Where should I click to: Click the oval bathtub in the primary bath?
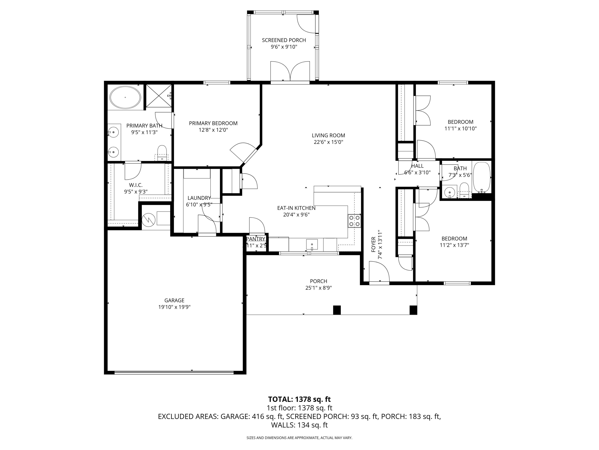(125, 97)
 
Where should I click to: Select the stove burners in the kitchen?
(354, 221)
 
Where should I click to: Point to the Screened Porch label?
(284, 40)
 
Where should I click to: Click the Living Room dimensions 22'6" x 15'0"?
(328, 142)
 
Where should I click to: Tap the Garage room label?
(174, 300)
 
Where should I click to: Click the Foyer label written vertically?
(373, 244)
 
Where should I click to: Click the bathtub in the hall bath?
(481, 177)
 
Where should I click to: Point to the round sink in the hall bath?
(449, 192)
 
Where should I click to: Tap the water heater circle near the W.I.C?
(148, 219)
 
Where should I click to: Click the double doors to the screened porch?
(290, 71)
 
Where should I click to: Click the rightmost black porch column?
(413, 310)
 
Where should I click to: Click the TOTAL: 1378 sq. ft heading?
(299, 399)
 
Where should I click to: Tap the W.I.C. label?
(136, 185)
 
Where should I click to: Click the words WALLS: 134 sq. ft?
(299, 425)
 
